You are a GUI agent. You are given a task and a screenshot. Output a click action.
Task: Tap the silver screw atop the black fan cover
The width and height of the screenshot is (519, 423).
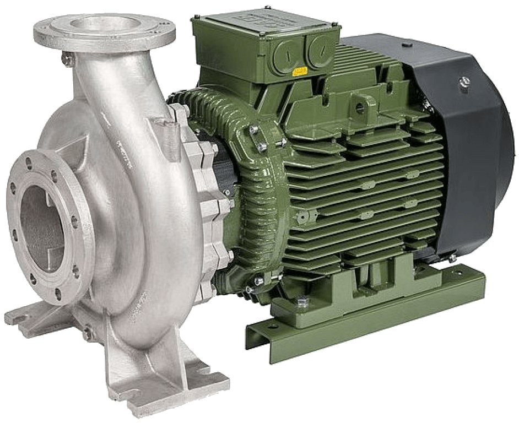click(x=464, y=82)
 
